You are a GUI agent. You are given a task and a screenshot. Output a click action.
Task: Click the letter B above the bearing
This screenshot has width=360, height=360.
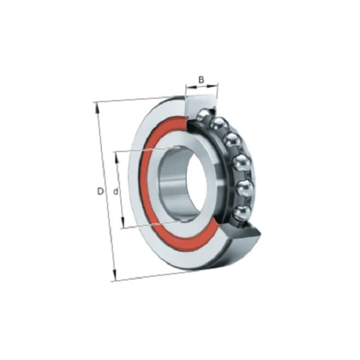pyautogui.click(x=201, y=80)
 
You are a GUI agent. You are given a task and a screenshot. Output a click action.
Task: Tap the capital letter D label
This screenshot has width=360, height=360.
pyautogui.click(x=100, y=191)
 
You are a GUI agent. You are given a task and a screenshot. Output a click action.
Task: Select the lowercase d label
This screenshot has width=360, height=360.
pyautogui.click(x=116, y=191)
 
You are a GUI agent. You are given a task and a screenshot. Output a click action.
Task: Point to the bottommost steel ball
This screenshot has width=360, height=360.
pyautogui.click(x=242, y=213)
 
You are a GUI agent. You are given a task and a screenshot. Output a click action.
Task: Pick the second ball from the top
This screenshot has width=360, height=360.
pyautogui.click(x=219, y=124)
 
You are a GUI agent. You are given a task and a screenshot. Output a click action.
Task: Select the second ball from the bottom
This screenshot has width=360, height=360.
pyautogui.click(x=245, y=188)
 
